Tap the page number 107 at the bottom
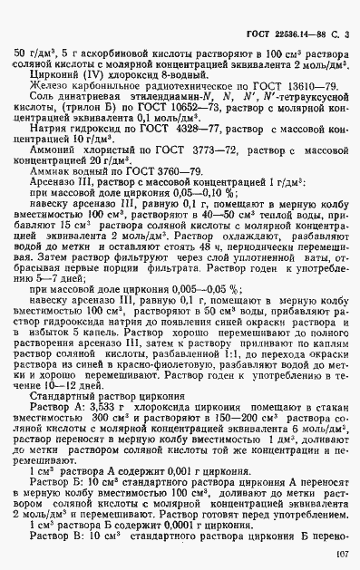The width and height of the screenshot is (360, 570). pyautogui.click(x=342, y=552)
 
